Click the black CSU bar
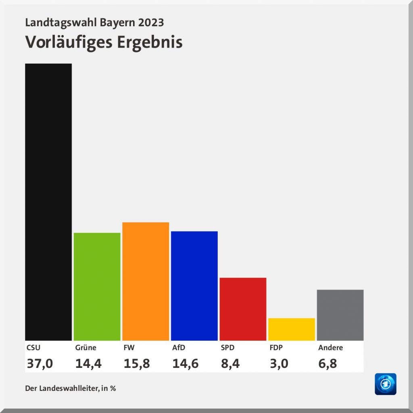coord(48,202)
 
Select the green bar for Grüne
coord(97,286)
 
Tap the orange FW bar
coord(146,281)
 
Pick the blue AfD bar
coord(194,286)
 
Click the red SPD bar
coord(243,309)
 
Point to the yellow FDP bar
coord(291,329)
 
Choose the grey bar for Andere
coord(340,315)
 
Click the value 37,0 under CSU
coord(40,364)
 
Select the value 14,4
coord(88,364)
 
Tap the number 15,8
coord(137,364)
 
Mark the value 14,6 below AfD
coord(186,364)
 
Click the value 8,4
coord(230,364)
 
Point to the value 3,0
coord(279,364)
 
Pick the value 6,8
coord(327,364)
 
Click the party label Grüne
coord(86,348)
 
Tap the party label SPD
coord(227,348)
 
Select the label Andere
coord(330,348)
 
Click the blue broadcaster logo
coord(386,384)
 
